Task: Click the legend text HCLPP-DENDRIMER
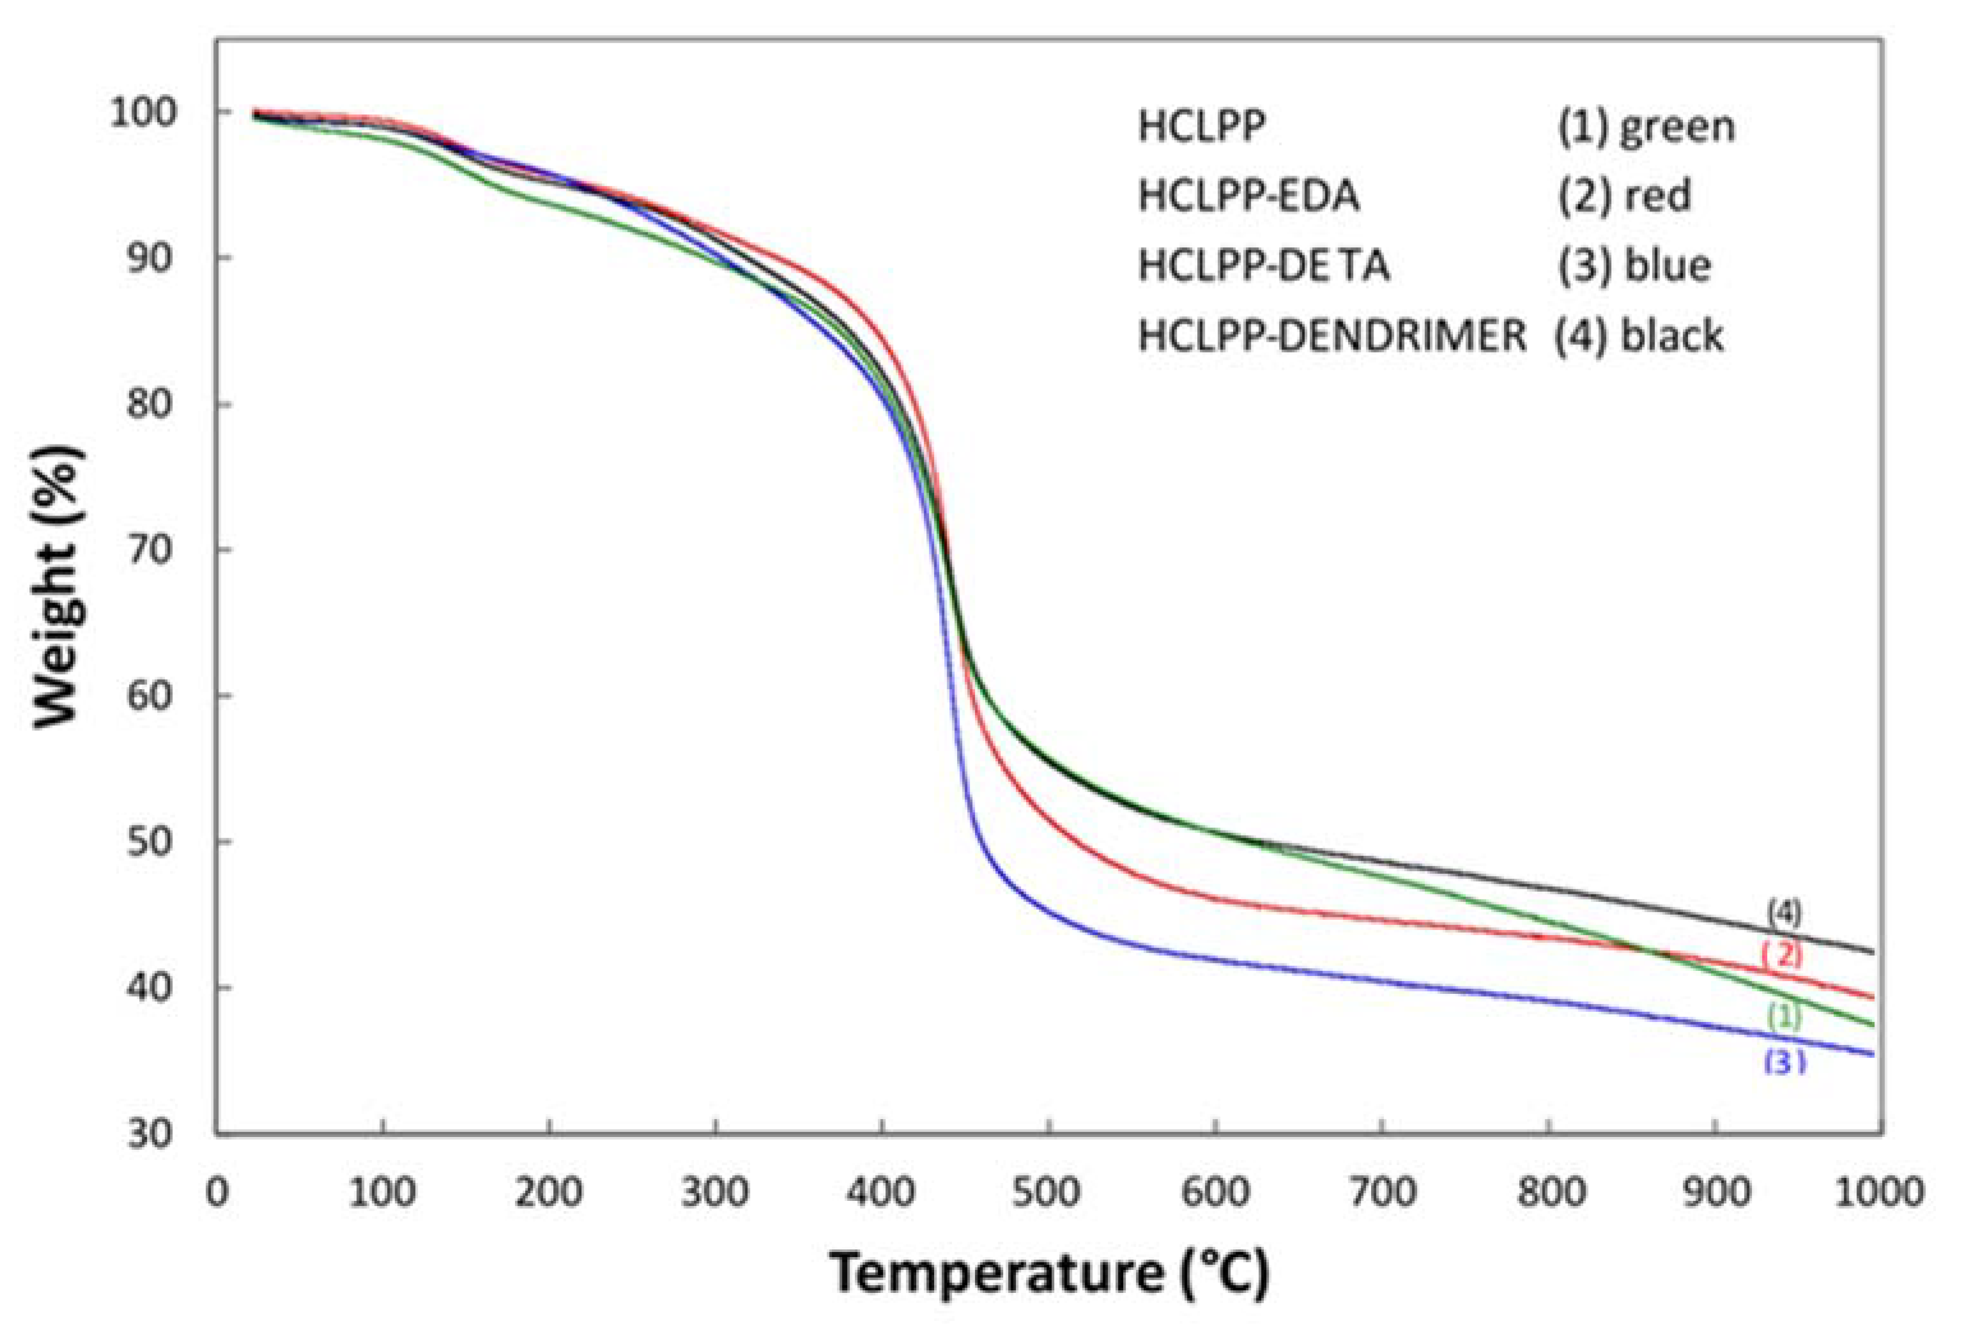coord(1331,336)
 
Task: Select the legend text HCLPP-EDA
coord(1248,197)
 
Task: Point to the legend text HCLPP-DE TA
coord(1263,266)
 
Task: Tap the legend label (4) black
coord(1638,336)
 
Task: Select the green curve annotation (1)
coord(1784,1016)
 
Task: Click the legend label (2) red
coord(1624,197)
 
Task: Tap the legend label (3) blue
coord(1634,266)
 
